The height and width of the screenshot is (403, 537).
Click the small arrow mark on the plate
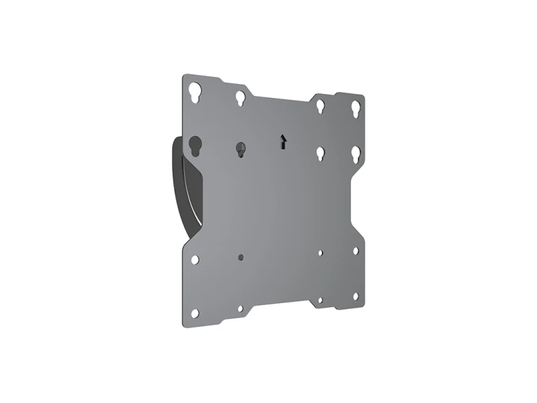pos(283,141)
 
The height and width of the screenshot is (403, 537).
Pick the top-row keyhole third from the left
pos(321,106)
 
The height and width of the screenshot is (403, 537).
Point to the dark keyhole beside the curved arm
pos(196,146)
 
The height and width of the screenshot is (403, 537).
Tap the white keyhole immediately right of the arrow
pos(321,154)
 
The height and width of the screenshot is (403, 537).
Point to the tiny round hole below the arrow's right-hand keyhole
pos(321,253)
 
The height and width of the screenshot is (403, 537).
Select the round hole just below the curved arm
pos(195,259)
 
